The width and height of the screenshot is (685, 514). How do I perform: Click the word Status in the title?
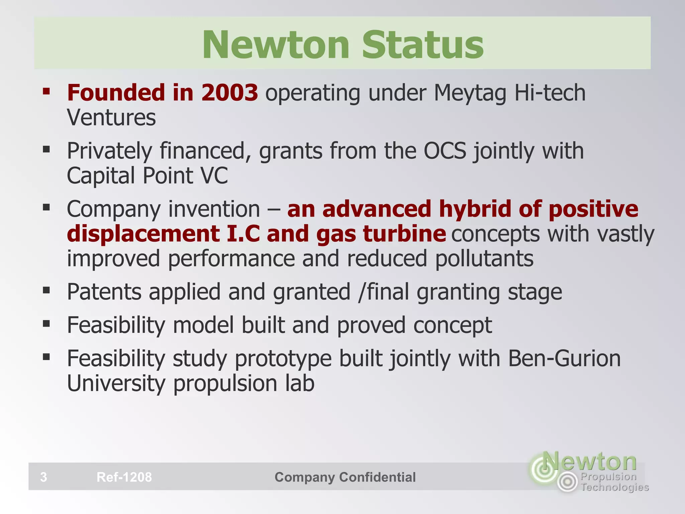click(x=423, y=45)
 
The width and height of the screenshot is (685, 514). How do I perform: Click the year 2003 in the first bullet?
click(x=229, y=93)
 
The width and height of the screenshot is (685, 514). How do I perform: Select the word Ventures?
click(x=111, y=117)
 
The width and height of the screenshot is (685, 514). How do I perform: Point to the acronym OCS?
click(x=445, y=151)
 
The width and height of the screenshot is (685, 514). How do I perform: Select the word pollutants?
click(x=484, y=259)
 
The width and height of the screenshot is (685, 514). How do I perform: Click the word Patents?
click(x=104, y=292)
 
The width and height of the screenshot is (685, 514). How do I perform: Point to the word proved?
click(x=371, y=325)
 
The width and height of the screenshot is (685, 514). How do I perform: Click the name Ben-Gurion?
click(x=564, y=358)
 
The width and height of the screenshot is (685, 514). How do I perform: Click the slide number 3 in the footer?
click(x=43, y=477)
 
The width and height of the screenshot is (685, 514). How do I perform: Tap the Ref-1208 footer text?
click(x=124, y=477)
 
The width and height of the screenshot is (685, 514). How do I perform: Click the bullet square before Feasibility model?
click(x=46, y=324)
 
